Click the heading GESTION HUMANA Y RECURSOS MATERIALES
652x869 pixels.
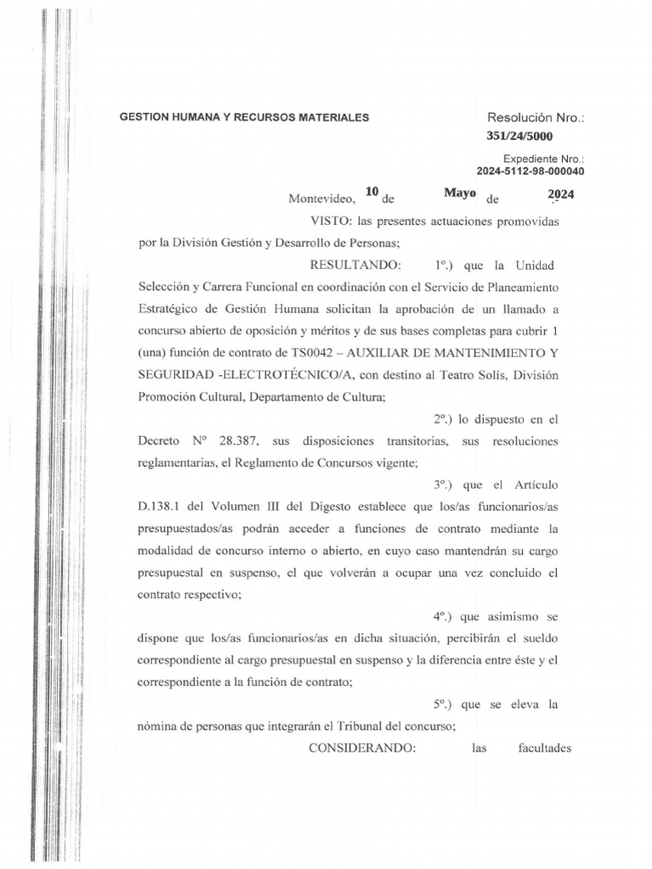244,118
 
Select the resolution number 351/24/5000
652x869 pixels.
522,135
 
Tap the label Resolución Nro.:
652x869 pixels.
536,117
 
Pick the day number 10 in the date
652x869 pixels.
371,193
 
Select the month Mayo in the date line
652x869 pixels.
459,193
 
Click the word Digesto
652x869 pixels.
302,507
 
